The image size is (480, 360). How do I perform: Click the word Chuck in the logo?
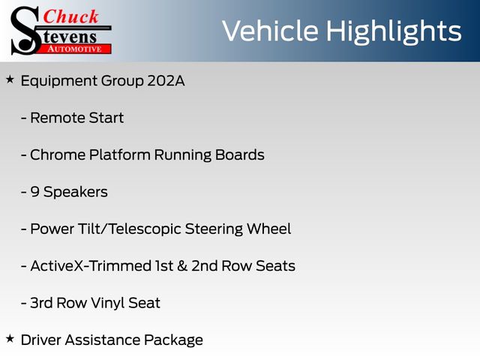(70, 16)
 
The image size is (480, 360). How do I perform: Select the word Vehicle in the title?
(271, 31)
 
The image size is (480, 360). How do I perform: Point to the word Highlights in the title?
(394, 32)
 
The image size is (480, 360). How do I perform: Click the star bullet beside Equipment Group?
(10, 80)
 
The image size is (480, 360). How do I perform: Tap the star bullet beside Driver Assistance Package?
(10, 339)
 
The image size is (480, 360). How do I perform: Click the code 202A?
(166, 81)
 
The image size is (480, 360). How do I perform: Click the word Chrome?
(58, 155)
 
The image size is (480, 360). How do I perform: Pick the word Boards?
(240, 155)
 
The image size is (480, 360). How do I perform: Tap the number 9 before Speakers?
(35, 192)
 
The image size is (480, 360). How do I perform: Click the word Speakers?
(75, 193)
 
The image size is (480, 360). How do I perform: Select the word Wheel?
(268, 229)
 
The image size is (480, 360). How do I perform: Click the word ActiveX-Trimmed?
(91, 266)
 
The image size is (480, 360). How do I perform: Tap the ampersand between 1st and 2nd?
(182, 266)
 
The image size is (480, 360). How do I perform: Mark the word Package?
(173, 340)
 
